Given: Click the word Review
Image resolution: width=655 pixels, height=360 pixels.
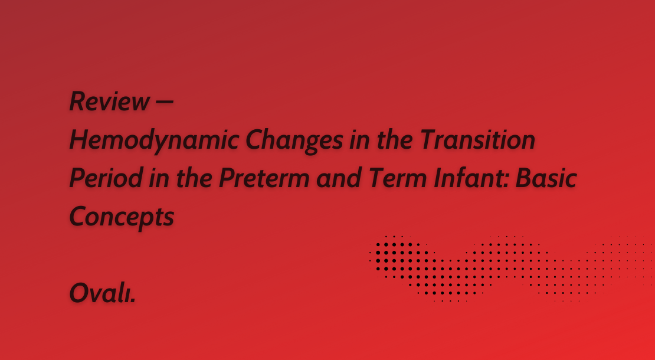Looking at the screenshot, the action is pos(109,102).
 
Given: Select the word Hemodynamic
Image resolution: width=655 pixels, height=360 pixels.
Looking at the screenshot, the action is pos(154,140).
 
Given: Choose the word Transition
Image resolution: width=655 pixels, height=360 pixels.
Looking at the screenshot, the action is pos(478,140).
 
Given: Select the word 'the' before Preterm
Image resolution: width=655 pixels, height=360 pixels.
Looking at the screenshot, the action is pos(194,178).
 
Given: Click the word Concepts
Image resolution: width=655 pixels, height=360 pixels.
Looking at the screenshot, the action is pos(122,218).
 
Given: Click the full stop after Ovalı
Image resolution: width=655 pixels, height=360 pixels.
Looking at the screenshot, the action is pos(133,301).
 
